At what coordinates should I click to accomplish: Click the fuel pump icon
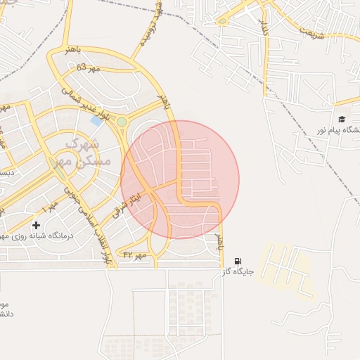coord(237,262)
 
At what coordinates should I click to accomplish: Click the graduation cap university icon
coord(342,120)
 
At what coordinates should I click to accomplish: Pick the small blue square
coord(96,121)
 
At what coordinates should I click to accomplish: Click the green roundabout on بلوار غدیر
coord(122,122)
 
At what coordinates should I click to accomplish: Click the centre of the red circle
coord(181,179)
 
